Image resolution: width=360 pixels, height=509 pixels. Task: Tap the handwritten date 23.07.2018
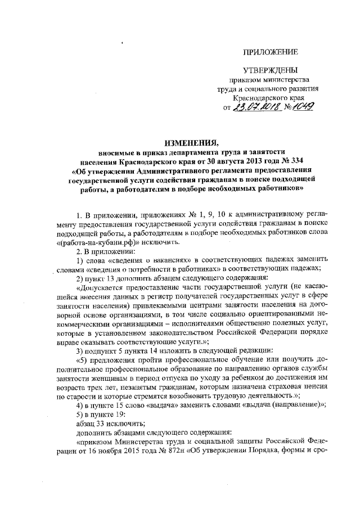tap(256, 106)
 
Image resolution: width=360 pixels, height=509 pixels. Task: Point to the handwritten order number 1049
tap(303, 106)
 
